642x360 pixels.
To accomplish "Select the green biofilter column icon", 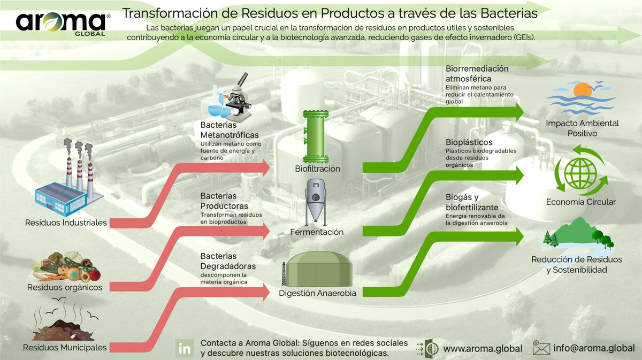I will [316, 136].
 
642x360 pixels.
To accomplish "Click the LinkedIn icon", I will [185, 348].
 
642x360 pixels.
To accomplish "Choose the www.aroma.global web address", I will [483, 348].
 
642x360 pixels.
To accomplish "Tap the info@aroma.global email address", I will [594, 348].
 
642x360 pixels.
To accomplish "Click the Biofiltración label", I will [317, 169].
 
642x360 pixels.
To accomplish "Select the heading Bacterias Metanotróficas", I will [230, 131].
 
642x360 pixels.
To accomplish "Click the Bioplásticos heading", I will [469, 143].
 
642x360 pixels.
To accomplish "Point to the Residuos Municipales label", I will [65, 348].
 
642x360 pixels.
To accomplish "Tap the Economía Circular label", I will [580, 202].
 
